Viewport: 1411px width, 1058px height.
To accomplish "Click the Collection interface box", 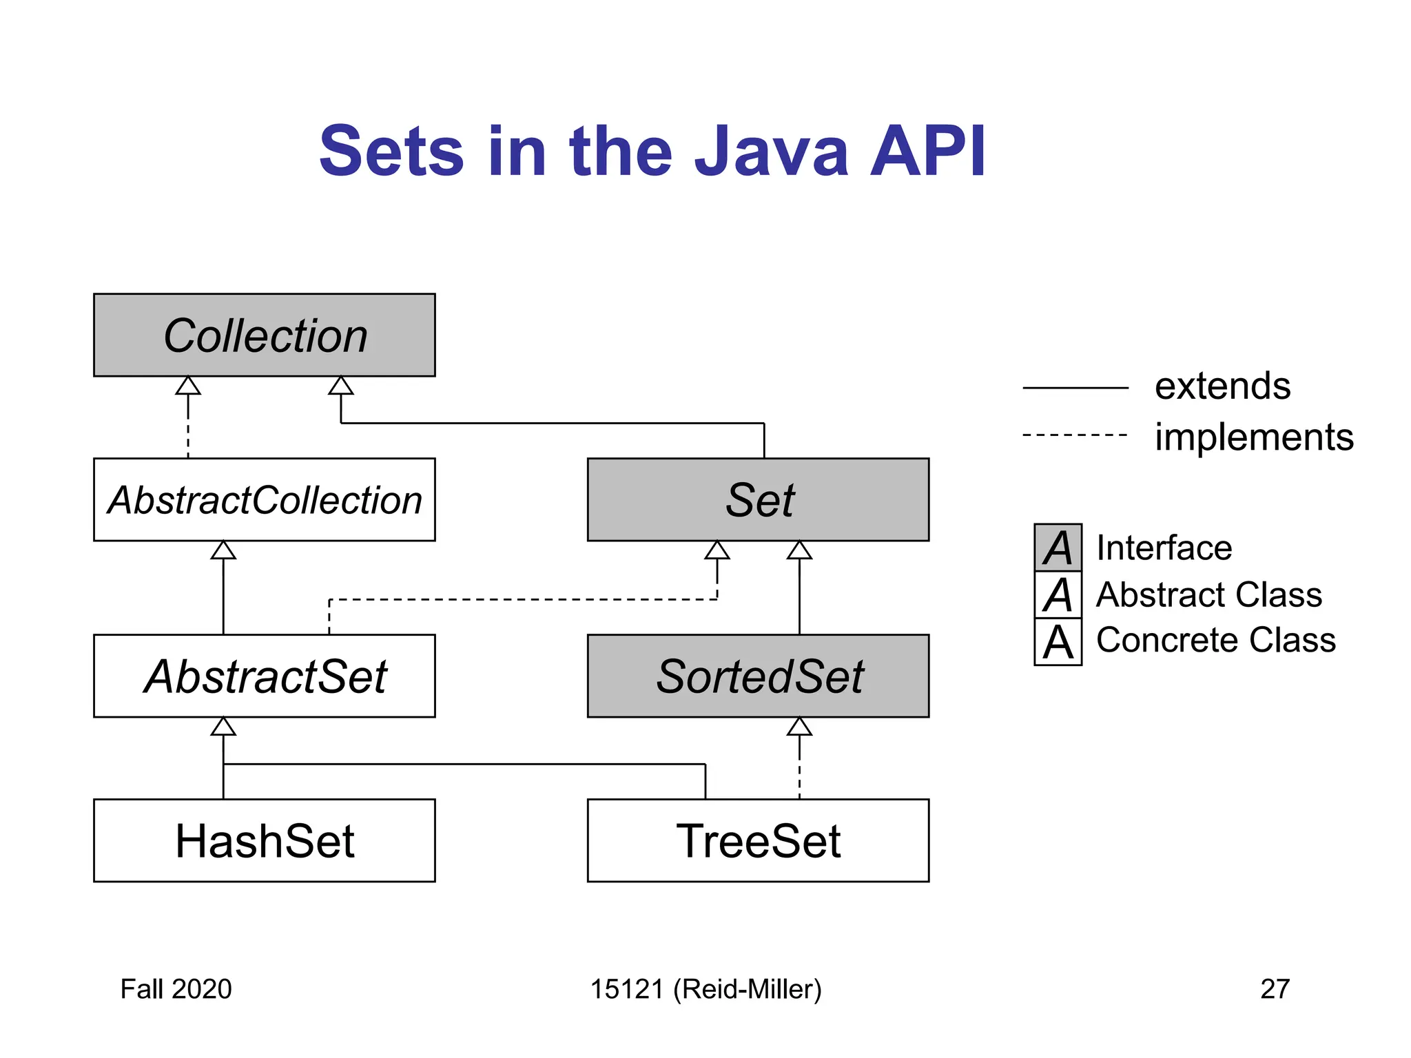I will click(x=264, y=335).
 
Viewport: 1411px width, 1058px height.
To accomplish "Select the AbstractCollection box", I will click(x=264, y=499).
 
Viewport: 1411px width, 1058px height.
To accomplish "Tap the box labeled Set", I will click(x=758, y=499).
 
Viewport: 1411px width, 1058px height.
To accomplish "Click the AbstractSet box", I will click(x=264, y=676).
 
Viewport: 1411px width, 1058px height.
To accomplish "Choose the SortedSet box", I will click(x=758, y=676).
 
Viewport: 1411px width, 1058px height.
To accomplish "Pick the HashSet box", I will click(x=264, y=840).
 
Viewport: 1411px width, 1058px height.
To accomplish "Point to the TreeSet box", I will click(x=758, y=840).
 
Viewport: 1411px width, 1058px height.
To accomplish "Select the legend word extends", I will click(x=1222, y=386).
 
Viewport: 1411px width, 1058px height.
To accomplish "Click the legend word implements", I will click(x=1254, y=437).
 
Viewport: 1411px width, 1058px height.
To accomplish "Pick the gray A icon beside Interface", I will click(x=1058, y=548).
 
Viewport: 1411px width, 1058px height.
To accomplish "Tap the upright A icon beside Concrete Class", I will click(x=1058, y=642).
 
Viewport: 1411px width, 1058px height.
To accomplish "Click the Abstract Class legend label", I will click(x=1208, y=594).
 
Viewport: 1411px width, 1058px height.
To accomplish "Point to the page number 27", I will click(x=1275, y=989).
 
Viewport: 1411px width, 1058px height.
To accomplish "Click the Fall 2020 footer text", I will click(x=176, y=989).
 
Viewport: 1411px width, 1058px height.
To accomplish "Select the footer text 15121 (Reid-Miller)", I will click(x=705, y=989).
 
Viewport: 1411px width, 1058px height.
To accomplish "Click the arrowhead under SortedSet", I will click(x=799, y=727).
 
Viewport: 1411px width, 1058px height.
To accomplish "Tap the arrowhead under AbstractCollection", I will click(x=223, y=550).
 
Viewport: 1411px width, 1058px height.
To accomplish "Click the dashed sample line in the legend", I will click(x=1075, y=435).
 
